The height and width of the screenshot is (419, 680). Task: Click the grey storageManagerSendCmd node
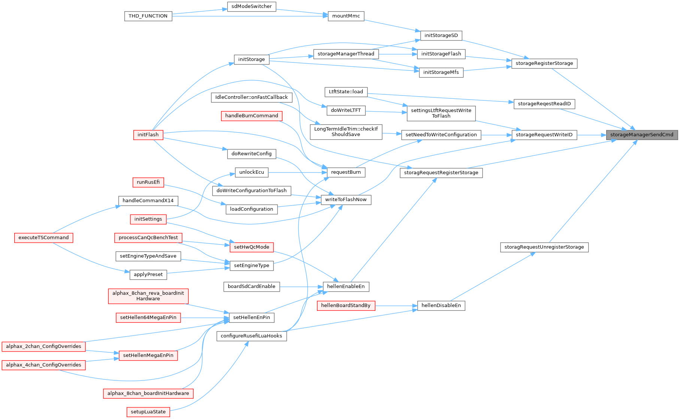pyautogui.click(x=642, y=135)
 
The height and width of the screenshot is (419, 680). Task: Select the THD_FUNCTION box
pyautogui.click(x=148, y=16)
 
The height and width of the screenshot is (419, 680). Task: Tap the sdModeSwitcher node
pyautogui.click(x=252, y=7)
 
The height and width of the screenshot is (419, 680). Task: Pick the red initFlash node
pyautogui.click(x=148, y=135)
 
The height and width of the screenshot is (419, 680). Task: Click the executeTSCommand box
pyautogui.click(x=43, y=238)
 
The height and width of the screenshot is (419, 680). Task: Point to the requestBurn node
pyautogui.click(x=346, y=172)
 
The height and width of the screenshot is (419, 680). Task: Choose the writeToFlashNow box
pyautogui.click(x=346, y=200)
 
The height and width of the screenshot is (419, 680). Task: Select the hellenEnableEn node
pyautogui.click(x=346, y=286)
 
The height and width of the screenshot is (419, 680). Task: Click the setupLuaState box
pyautogui.click(x=148, y=412)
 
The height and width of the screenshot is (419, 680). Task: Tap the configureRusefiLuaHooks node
pyautogui.click(x=251, y=336)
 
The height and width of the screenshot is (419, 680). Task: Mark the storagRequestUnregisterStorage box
pyautogui.click(x=544, y=247)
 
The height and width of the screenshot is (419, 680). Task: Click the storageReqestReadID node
pyautogui.click(x=544, y=104)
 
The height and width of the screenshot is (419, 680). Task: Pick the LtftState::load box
pyautogui.click(x=346, y=92)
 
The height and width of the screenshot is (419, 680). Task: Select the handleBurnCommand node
pyautogui.click(x=251, y=116)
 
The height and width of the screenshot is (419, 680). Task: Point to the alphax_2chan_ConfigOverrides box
pyautogui.click(x=43, y=346)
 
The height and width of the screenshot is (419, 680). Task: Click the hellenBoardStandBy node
pyautogui.click(x=346, y=306)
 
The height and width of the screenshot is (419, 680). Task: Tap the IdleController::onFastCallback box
pyautogui.click(x=251, y=97)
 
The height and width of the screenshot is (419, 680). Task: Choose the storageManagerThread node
pyautogui.click(x=346, y=54)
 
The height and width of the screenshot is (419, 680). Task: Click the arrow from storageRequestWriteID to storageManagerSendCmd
pyautogui.click(x=592, y=135)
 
